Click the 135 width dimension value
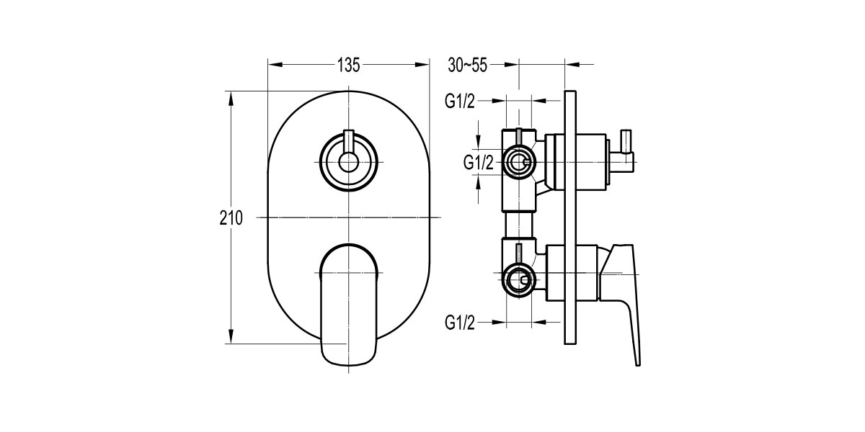tap(348, 65)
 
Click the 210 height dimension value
tap(231, 217)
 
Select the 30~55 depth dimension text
tap(468, 65)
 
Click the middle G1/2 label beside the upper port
tap(478, 163)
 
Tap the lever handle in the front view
tap(348, 302)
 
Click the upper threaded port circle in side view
tap(518, 163)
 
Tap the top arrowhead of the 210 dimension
tap(231, 96)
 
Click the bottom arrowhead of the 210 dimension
tap(231, 338)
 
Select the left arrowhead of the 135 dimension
tap(274, 65)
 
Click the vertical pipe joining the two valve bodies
tap(519, 225)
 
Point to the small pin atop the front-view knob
tap(349, 140)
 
